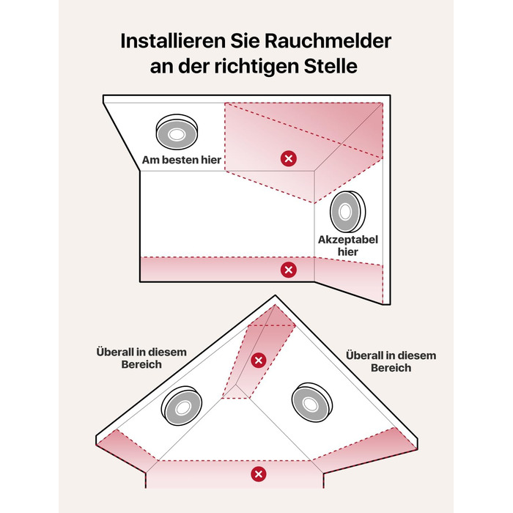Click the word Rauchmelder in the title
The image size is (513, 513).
tap(328, 41)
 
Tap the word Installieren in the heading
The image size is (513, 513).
tap(174, 41)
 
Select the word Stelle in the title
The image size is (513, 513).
tap(331, 66)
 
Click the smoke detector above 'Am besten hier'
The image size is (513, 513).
tap(177, 132)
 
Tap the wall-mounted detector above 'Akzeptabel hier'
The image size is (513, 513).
tap(347, 212)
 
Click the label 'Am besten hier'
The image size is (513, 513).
tap(182, 160)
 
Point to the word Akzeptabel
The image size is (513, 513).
tap(348, 240)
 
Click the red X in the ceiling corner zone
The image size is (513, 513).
tap(289, 159)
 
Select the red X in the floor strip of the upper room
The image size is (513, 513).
tap(289, 270)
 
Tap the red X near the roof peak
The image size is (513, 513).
tap(259, 361)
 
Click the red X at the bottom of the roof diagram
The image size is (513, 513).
tap(259, 474)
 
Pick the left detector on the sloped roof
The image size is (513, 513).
tap(182, 406)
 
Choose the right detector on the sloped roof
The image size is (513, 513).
tap(311, 403)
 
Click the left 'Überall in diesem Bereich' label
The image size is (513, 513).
tap(141, 358)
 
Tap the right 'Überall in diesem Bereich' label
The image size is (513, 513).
tap(391, 361)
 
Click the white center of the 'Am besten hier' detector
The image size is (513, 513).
tap(177, 134)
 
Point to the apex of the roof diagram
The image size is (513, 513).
tap(275, 295)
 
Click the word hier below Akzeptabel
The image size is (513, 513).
tap(348, 252)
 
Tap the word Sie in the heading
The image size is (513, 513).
tap(245, 41)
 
